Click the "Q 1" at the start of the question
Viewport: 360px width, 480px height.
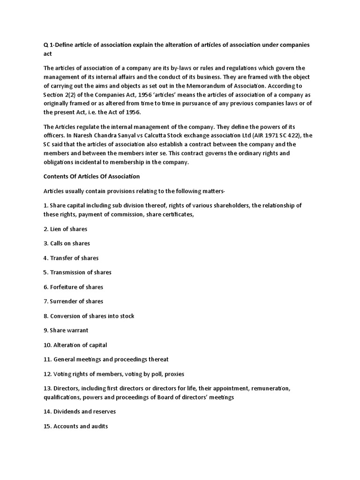click(47, 45)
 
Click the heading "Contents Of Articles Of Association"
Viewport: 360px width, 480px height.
click(91, 177)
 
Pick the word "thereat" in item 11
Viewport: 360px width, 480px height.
click(158, 360)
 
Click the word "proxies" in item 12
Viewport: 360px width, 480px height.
click(174, 374)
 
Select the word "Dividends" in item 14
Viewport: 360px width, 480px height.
click(67, 412)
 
